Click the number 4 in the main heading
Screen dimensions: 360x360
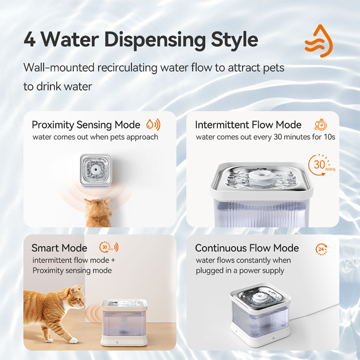click(x=30, y=40)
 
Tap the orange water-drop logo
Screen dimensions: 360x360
click(x=319, y=41)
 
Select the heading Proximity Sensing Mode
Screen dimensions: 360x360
click(x=86, y=125)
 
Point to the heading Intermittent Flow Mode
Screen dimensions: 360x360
click(x=248, y=125)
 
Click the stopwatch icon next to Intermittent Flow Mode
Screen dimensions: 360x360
click(x=321, y=125)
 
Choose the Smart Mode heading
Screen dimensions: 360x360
click(x=59, y=248)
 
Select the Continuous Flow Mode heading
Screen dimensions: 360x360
click(x=247, y=248)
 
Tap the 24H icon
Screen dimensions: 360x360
click(x=321, y=249)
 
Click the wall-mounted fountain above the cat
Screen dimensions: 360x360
click(x=95, y=171)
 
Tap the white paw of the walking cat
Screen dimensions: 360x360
click(x=73, y=340)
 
